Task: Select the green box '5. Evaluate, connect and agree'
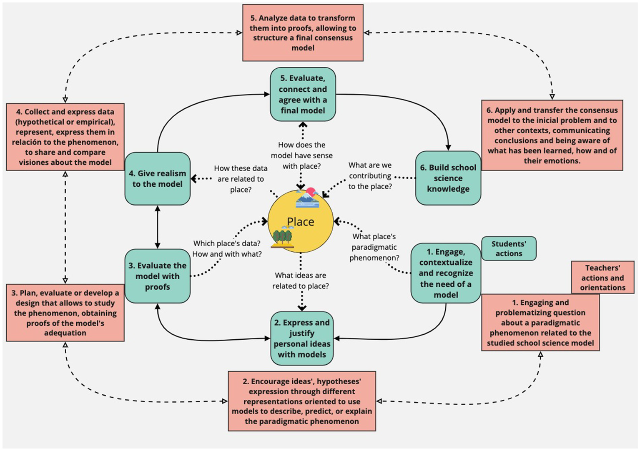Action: pyautogui.click(x=303, y=94)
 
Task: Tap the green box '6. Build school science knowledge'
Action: pyautogui.click(x=448, y=178)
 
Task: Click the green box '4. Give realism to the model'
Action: pyautogui.click(x=157, y=178)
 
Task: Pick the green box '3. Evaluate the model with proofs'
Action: pyautogui.click(x=157, y=276)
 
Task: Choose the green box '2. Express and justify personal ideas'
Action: pyautogui.click(x=302, y=338)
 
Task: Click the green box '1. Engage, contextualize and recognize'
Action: pyautogui.click(x=445, y=273)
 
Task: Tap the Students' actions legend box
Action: pyautogui.click(x=508, y=248)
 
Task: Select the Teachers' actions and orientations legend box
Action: pyautogui.click(x=602, y=277)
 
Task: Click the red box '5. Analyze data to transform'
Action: pyautogui.click(x=303, y=33)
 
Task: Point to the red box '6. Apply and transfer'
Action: pyautogui.click(x=552, y=135)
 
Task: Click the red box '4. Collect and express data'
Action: pyautogui.click(x=65, y=137)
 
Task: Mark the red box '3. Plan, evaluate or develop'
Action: pyautogui.click(x=65, y=313)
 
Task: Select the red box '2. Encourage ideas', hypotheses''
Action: pyautogui.click(x=302, y=401)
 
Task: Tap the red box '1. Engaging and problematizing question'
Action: pyautogui.click(x=540, y=323)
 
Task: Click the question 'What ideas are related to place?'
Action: pyautogui.click(x=300, y=281)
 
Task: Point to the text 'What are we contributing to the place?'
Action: pyautogui.click(x=370, y=176)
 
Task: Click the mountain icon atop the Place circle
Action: pyautogui.click(x=307, y=198)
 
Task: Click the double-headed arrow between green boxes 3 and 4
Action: pyautogui.click(x=157, y=227)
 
